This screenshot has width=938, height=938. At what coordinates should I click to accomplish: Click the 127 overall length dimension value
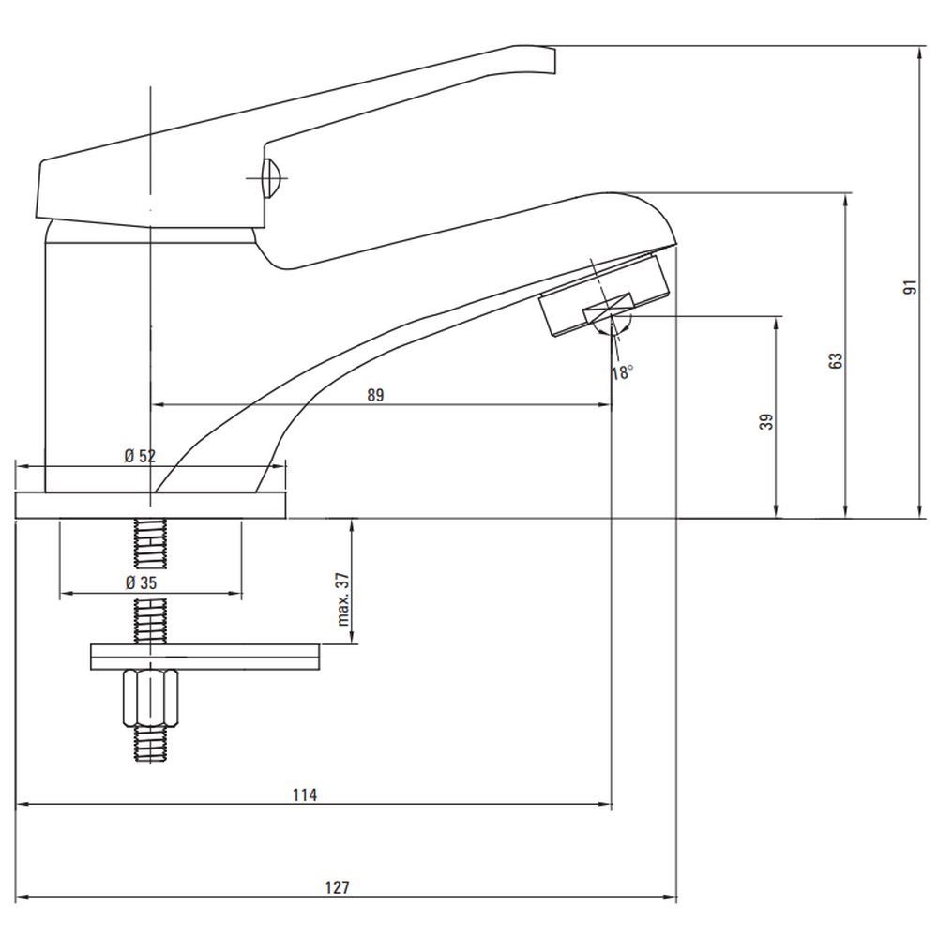tap(339, 887)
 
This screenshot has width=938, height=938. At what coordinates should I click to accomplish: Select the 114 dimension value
tap(305, 795)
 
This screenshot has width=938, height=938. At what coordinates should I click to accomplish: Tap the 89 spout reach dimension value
tap(375, 396)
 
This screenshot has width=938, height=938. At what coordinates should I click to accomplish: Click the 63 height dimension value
tap(837, 360)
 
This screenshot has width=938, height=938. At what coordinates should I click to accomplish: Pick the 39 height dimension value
tap(767, 421)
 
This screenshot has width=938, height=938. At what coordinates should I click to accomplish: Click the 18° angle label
tap(622, 371)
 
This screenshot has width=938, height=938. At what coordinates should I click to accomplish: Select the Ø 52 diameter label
tap(140, 456)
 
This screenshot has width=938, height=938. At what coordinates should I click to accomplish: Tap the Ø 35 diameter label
tap(140, 582)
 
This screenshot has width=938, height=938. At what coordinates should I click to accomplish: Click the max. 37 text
tap(343, 599)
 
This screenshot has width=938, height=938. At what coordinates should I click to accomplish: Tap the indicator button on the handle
tap(269, 177)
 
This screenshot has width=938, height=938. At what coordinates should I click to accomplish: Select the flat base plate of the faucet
tap(150, 505)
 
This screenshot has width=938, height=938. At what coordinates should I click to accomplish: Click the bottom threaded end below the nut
tap(150, 746)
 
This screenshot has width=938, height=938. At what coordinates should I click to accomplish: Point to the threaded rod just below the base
tap(150, 543)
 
